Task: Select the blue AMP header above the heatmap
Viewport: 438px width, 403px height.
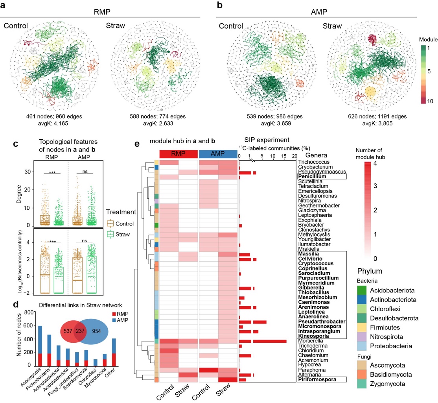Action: click(x=218, y=153)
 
